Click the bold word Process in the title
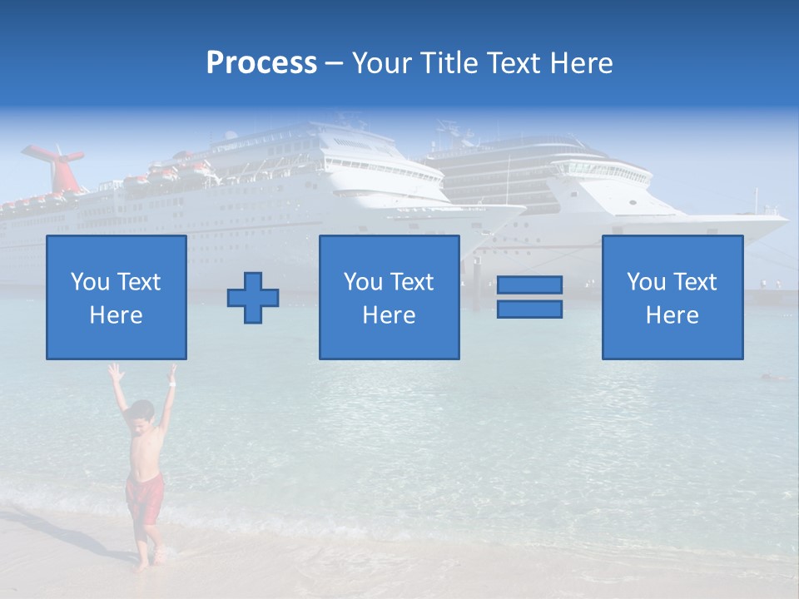261,63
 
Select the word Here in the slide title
580,63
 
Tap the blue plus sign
253,298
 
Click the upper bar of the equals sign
529,285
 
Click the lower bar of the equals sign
529,309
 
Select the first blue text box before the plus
117,298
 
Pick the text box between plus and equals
389,298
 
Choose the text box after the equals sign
672,298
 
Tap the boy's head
143,413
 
